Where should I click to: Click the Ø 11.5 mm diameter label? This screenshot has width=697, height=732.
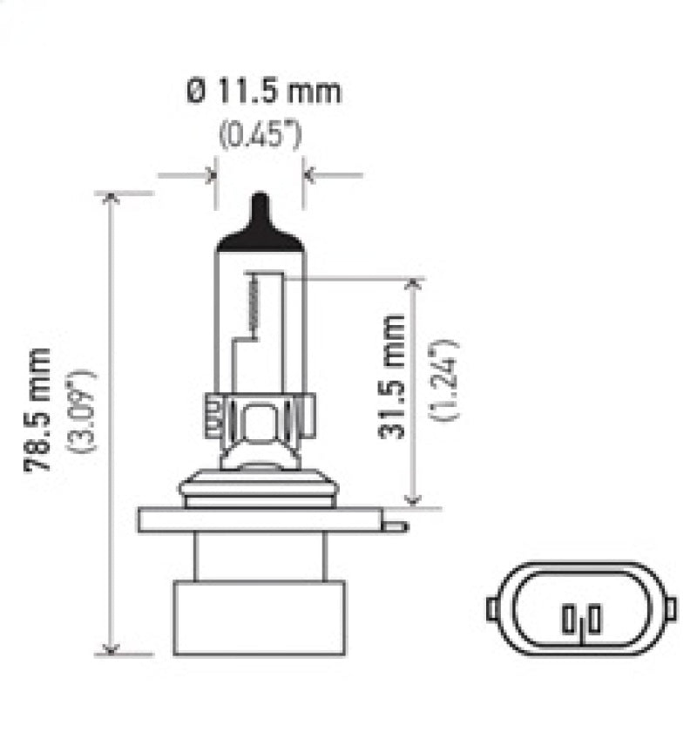coord(264,91)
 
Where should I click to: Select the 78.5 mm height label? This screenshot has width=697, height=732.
coord(38,409)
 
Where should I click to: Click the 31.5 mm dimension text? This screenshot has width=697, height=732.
coord(394,376)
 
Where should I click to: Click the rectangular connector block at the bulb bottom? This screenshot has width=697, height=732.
coord(259,618)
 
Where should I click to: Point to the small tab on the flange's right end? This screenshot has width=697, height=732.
coord(396,525)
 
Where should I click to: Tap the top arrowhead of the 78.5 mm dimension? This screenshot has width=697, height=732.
coord(111,199)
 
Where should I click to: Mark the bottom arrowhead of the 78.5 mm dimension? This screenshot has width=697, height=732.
coord(111,647)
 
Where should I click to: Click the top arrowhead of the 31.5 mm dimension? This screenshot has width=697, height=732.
coord(414,286)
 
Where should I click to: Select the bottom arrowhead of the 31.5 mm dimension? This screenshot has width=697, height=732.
coord(414,498)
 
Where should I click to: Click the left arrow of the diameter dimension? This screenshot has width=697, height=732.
coord(208,175)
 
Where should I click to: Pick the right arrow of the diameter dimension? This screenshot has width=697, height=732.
coord(311,175)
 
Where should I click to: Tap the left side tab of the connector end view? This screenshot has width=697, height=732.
coord(493,607)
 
